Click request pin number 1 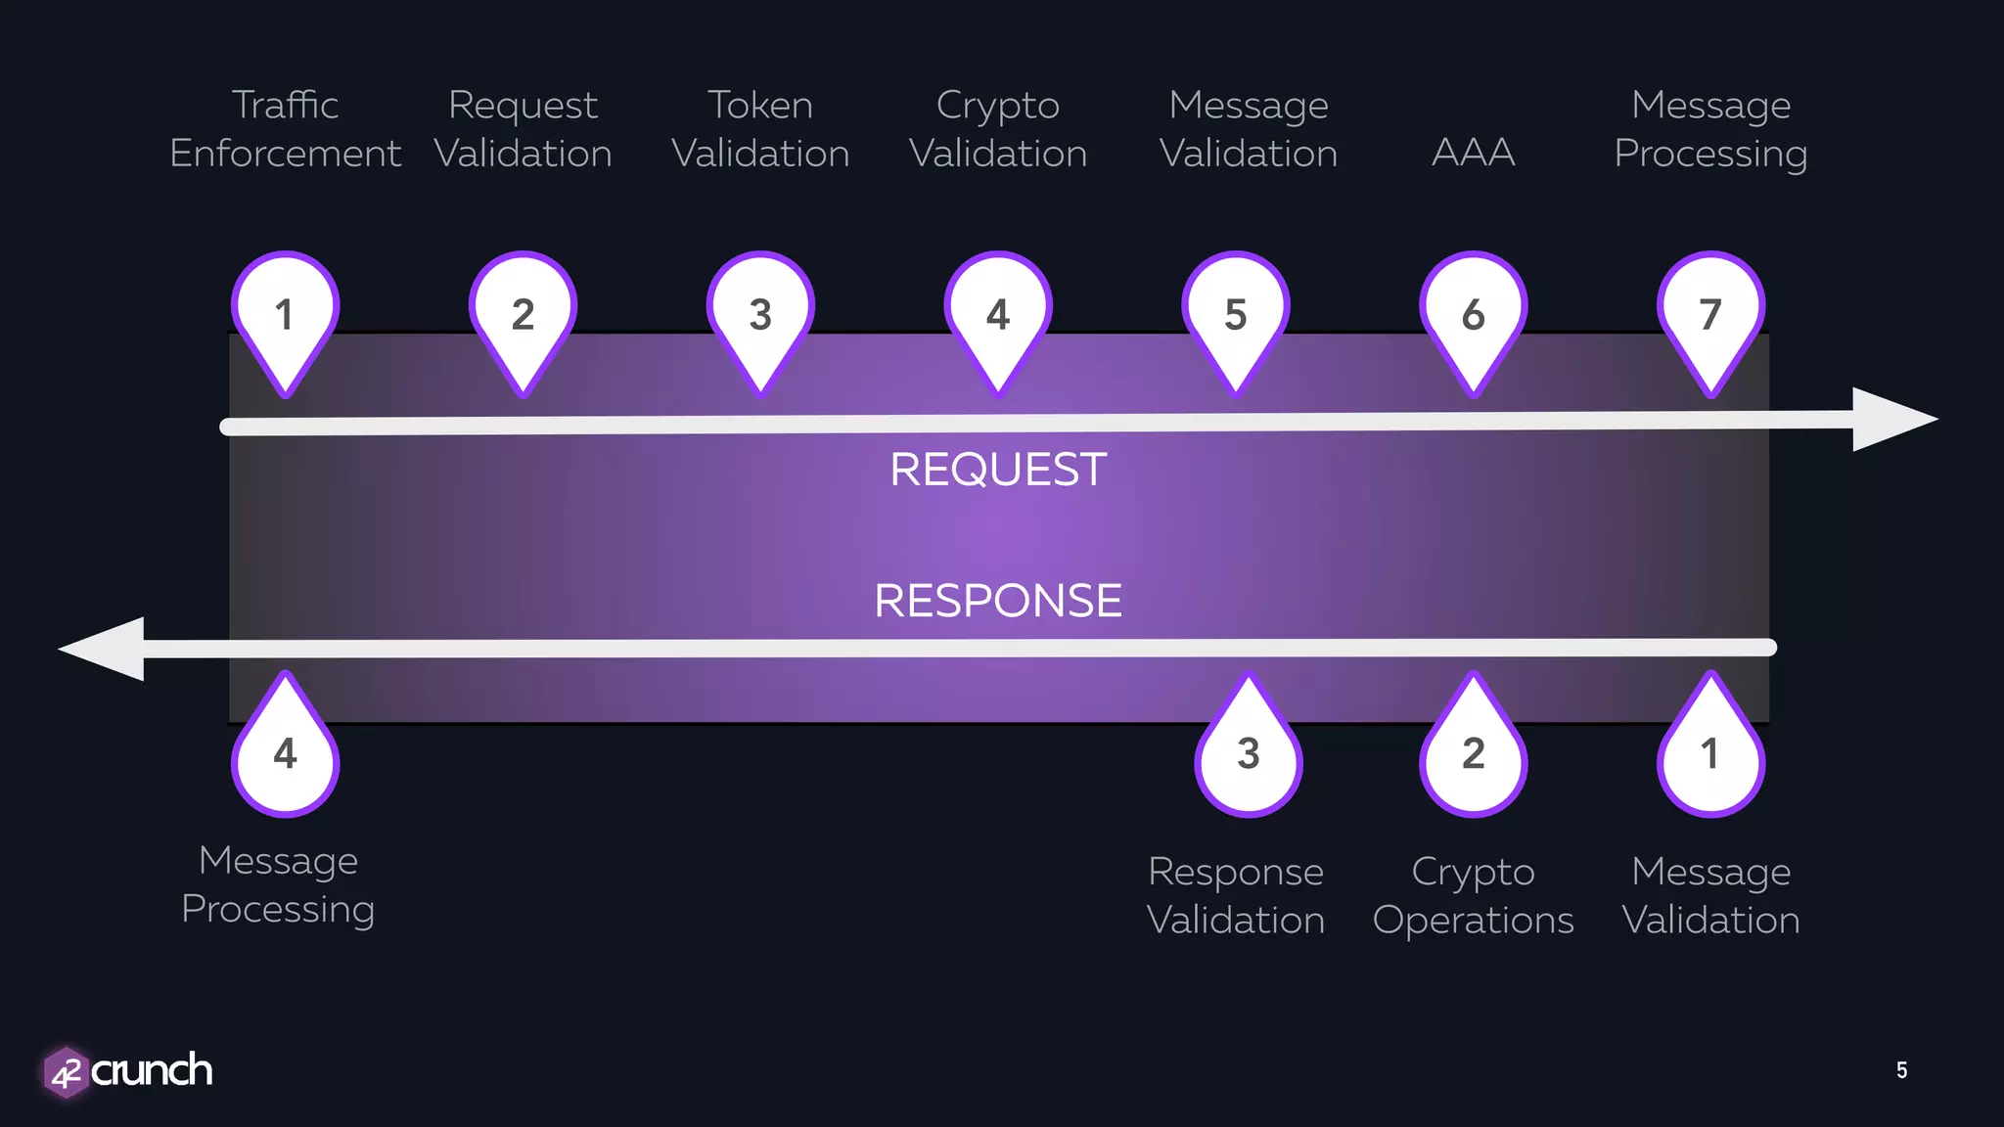point(285,315)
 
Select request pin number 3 point(760,315)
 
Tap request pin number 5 point(1236,315)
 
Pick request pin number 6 point(1474,315)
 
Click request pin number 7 point(1710,315)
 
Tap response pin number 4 point(285,753)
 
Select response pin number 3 point(1249,753)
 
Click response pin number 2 point(1474,753)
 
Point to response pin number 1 point(1710,753)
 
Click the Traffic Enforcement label point(285,129)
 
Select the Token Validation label point(760,129)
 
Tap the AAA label point(1474,153)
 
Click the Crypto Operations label point(1474,895)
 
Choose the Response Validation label point(1236,895)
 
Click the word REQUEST point(998,470)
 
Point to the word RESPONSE point(998,601)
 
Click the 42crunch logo point(128,1071)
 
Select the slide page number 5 point(1901,1070)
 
